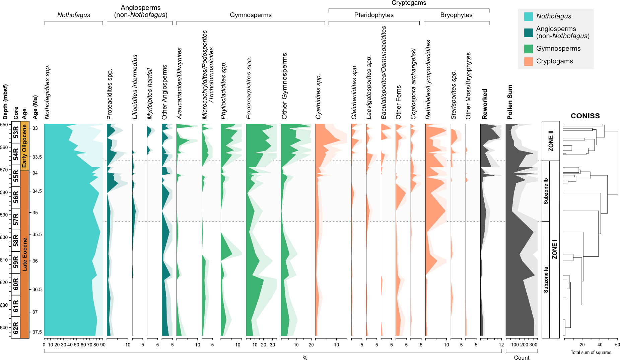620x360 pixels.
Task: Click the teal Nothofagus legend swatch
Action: (528, 16)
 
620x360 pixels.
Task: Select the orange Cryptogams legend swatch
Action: (528, 61)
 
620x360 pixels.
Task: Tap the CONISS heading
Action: (585, 116)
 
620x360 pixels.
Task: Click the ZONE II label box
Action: (551, 141)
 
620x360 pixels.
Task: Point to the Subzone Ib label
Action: (546, 191)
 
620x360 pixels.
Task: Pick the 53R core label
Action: (16, 132)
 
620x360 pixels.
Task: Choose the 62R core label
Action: (16, 327)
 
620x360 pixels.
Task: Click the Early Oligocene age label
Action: (24, 146)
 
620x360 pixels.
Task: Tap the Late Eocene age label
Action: (24, 255)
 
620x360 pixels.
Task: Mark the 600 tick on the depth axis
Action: (4, 237)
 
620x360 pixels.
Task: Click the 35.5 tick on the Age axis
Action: (37, 234)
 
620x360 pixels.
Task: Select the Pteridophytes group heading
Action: (374, 15)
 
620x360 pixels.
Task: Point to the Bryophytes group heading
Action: (456, 15)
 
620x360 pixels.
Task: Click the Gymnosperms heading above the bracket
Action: (251, 15)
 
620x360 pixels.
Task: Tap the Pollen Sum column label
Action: (510, 102)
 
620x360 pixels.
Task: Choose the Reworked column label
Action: (485, 104)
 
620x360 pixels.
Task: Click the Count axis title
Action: (522, 358)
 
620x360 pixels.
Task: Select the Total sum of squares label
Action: (591, 352)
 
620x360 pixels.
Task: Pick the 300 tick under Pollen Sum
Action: (533, 345)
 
